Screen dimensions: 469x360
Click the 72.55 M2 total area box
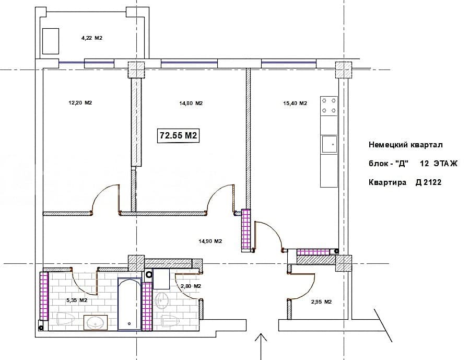[178, 135]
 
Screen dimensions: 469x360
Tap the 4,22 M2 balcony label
[92, 38]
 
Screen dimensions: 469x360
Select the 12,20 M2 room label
[80, 103]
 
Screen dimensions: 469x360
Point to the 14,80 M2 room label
[191, 103]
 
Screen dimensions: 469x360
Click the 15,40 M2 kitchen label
[295, 103]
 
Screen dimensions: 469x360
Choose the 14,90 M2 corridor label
[210, 241]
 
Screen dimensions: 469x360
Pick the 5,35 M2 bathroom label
[77, 300]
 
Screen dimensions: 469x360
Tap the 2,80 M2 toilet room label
[191, 286]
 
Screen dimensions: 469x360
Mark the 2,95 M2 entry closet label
[322, 301]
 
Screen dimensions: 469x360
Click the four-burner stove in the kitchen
[329, 106]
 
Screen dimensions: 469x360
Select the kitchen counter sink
[330, 145]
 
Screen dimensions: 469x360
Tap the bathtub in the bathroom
[130, 304]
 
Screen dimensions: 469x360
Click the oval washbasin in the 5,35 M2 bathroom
[96, 322]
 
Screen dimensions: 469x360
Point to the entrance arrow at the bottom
[261, 346]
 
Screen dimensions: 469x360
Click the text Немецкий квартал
[406, 145]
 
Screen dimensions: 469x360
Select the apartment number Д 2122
[428, 182]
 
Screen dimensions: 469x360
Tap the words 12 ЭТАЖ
[439, 164]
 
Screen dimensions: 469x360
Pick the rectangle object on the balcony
[51, 41]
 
